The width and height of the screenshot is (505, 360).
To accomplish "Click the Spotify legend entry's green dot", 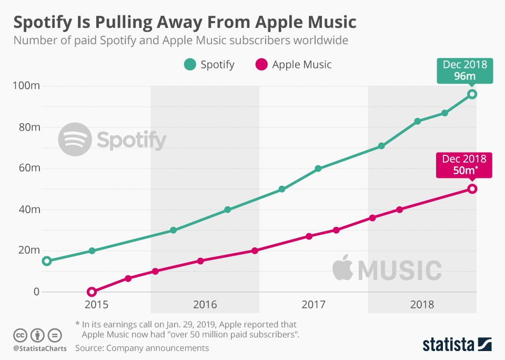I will coord(189,65).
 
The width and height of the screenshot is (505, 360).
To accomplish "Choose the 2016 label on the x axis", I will coord(205,305).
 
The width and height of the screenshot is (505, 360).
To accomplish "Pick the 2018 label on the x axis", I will coord(422,305).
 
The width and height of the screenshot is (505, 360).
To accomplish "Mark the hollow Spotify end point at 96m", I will coord(472,94).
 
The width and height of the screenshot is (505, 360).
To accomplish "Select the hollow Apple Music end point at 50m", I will coord(472,189).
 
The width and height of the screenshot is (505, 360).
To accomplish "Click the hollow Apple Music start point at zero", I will coord(92,292).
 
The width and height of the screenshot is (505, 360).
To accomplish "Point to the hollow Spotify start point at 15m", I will coord(47,261).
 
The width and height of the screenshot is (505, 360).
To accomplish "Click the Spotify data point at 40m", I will coord(227,209).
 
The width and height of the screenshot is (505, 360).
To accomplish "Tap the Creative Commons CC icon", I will coord(20,335).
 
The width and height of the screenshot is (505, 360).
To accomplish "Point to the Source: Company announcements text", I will coord(142,348).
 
